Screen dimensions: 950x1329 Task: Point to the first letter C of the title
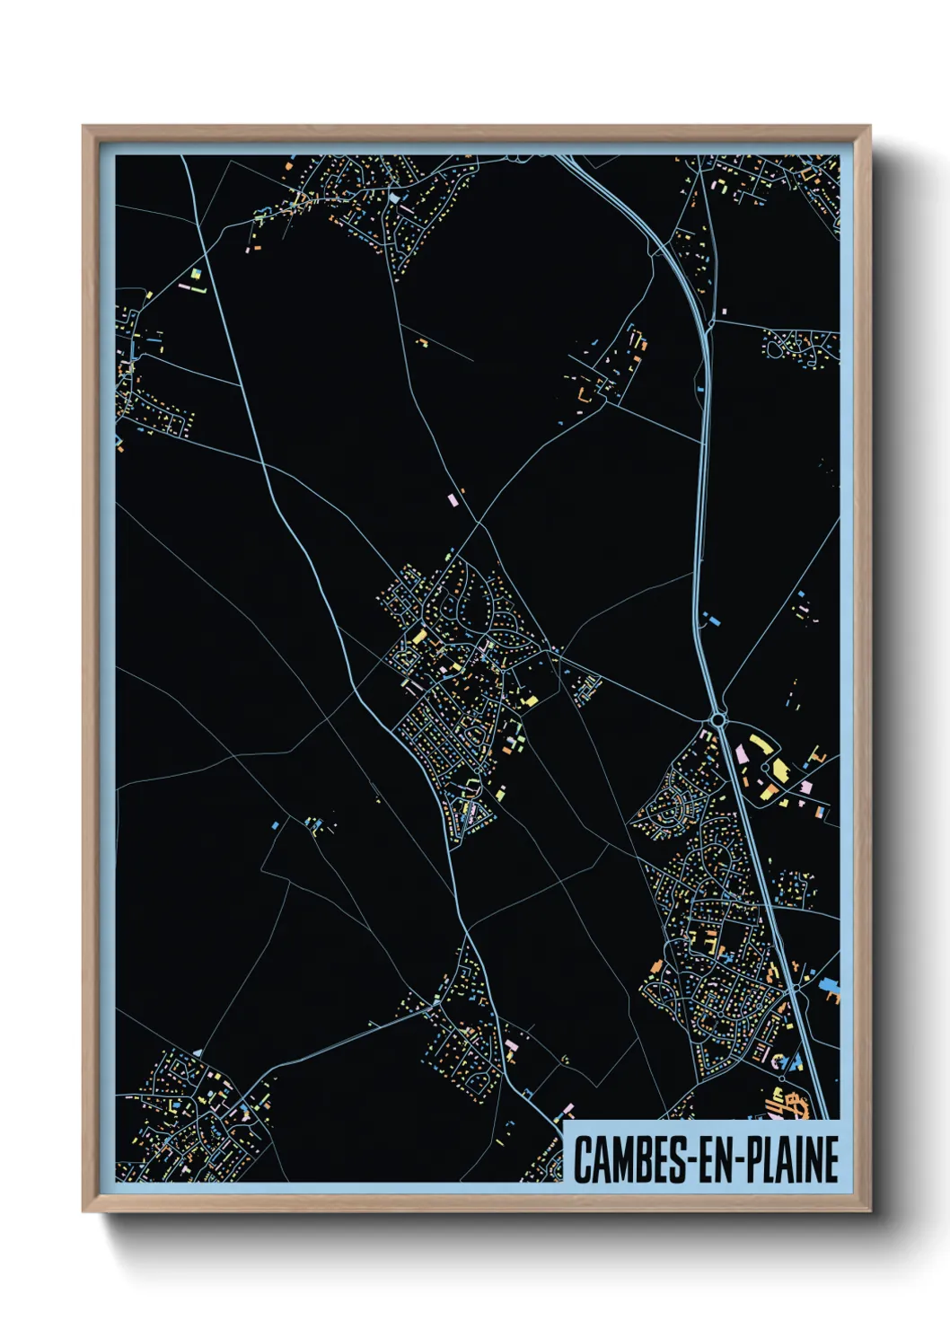coord(583,1159)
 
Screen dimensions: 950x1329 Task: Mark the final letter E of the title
coord(831,1159)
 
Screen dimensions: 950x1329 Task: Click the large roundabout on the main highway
coord(717,719)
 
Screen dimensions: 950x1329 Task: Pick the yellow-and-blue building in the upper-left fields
coord(196,272)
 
